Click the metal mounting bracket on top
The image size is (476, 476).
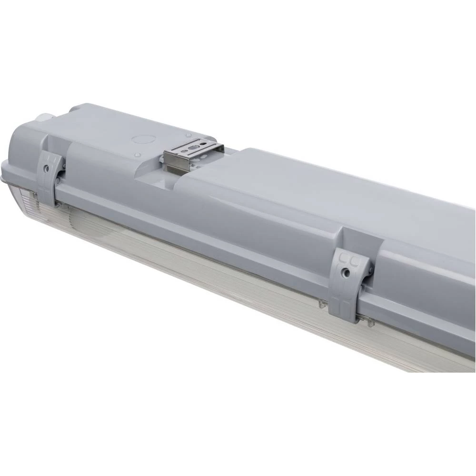click(x=193, y=151)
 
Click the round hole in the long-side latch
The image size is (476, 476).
click(x=347, y=273)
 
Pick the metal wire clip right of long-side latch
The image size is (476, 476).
click(x=368, y=321)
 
